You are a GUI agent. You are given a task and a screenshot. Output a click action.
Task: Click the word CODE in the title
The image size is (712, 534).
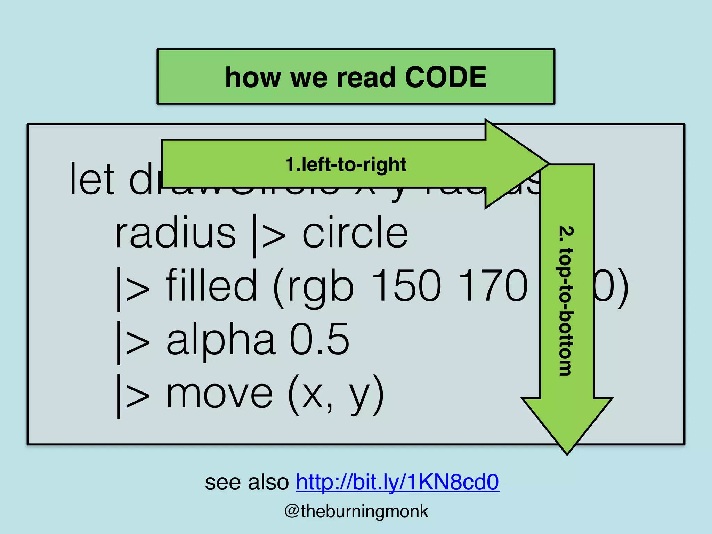pos(446,77)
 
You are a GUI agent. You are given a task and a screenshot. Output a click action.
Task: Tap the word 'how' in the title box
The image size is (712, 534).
pos(253,77)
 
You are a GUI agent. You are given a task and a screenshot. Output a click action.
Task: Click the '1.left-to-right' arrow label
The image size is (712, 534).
pos(346,164)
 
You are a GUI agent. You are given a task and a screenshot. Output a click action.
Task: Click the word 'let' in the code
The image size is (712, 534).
pos(92,179)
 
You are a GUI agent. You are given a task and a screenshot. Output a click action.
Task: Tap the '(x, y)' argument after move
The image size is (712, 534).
pos(336,395)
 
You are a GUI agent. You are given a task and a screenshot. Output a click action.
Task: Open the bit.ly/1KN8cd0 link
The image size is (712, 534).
pos(397,482)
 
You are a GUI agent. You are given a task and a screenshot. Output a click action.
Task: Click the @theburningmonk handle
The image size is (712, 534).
pos(356,511)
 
